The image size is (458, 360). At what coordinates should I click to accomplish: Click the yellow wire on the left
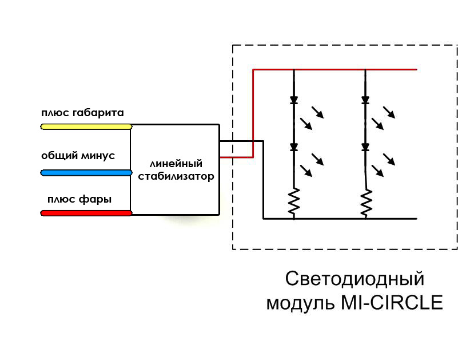(x=86, y=126)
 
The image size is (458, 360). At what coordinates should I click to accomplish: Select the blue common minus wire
(x=86, y=173)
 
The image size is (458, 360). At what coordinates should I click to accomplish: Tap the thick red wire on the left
(x=86, y=213)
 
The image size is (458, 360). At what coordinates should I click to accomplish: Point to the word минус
(x=98, y=156)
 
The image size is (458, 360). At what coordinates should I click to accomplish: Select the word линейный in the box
(x=176, y=164)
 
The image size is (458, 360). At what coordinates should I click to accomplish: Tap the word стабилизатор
(x=176, y=176)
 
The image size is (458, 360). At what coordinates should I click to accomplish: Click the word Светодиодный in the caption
(x=355, y=279)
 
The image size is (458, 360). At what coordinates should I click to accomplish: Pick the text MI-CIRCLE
(x=392, y=302)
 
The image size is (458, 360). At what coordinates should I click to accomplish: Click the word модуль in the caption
(x=301, y=303)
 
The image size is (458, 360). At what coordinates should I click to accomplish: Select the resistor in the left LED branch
(x=294, y=201)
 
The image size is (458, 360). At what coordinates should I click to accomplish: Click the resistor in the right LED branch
(x=366, y=203)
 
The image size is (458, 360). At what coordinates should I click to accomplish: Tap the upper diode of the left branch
(x=294, y=100)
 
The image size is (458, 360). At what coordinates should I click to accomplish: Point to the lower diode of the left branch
(x=294, y=147)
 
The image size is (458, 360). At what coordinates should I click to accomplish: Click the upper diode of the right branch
(x=365, y=100)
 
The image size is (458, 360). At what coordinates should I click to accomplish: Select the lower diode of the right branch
(x=365, y=147)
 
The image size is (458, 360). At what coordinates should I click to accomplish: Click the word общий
(x=59, y=156)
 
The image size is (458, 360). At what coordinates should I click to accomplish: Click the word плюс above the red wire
(x=62, y=200)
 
